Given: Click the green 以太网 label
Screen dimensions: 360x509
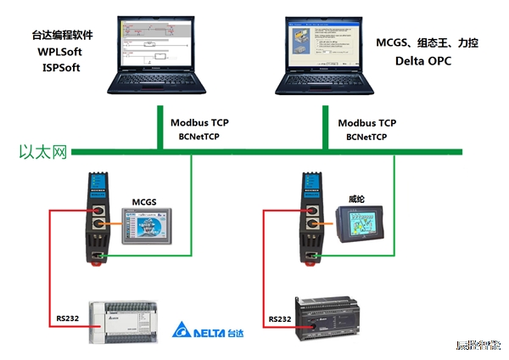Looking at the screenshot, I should tap(42, 154).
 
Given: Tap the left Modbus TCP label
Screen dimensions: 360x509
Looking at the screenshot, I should tap(199, 122).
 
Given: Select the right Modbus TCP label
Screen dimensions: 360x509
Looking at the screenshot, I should tap(366, 122).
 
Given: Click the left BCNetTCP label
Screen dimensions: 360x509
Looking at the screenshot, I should tap(199, 136).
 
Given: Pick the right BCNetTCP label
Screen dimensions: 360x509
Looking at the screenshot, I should tap(366, 136).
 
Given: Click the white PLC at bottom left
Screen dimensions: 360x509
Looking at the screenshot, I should tap(125, 321).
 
